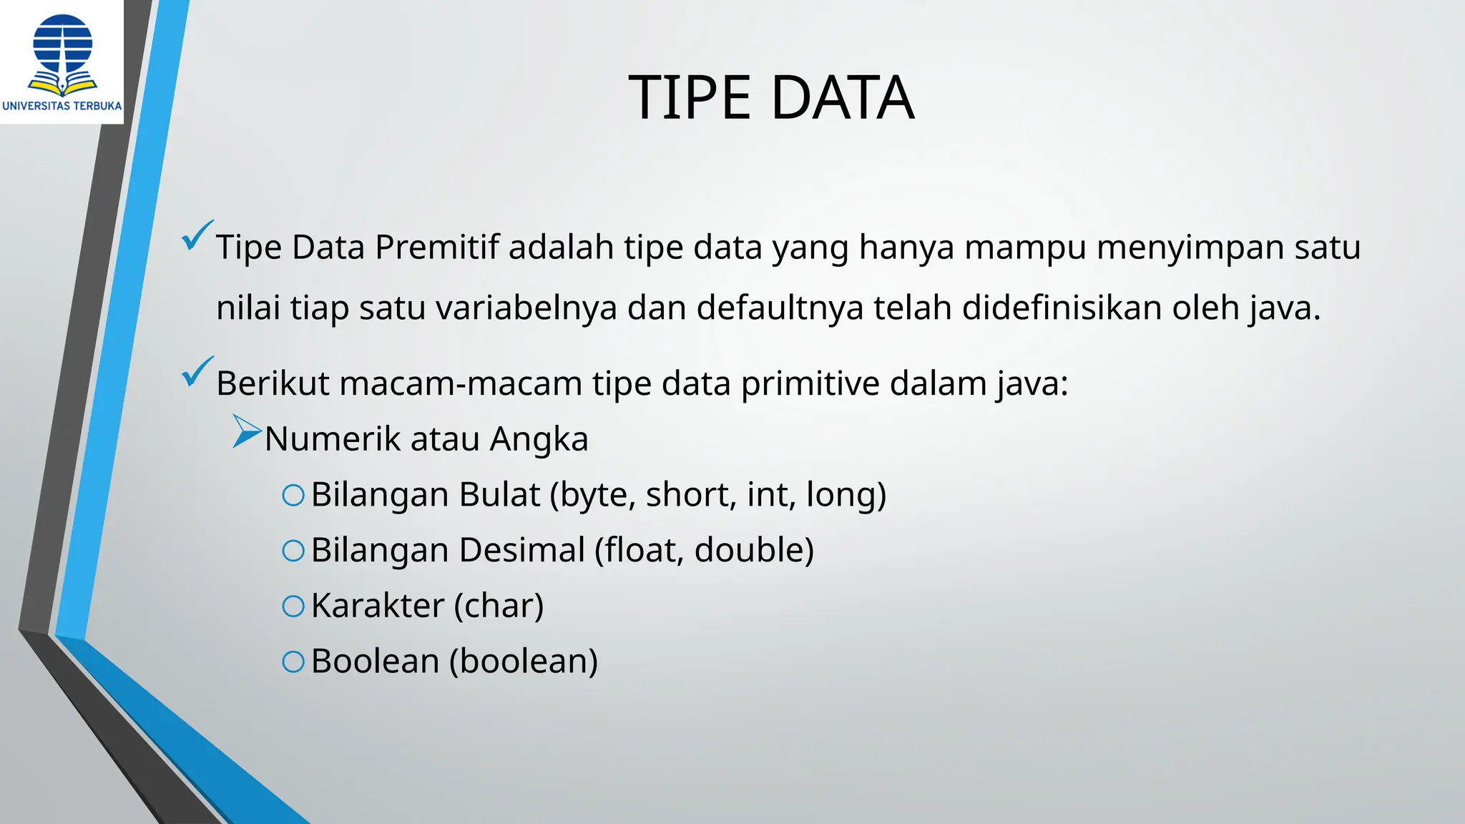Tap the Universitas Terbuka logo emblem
[x=63, y=54]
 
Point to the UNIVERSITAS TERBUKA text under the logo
[x=62, y=106]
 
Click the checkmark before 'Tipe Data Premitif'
[x=197, y=235]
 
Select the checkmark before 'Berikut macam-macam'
[x=197, y=372]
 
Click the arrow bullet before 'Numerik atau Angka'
[x=247, y=432]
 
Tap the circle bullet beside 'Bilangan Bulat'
[x=293, y=495]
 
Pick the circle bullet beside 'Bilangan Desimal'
[x=293, y=550]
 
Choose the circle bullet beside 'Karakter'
[x=293, y=606]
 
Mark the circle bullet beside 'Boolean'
[x=293, y=662]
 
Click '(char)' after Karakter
[x=499, y=606]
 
